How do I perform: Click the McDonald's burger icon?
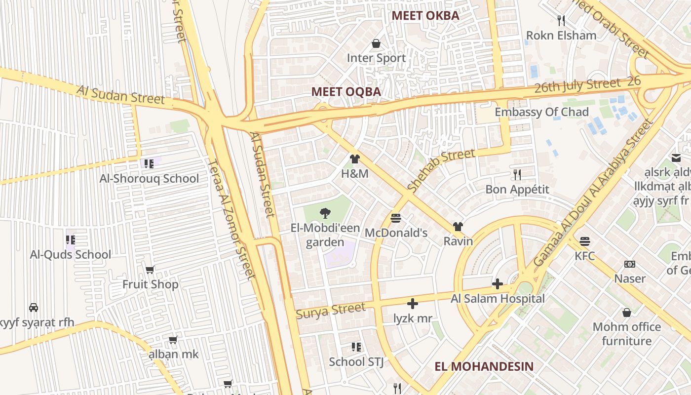pos(396,218)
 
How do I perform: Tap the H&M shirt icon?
pos(354,159)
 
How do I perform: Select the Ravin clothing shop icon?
pos(458,227)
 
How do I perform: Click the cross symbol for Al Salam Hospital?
pos(498,284)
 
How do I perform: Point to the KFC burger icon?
pos(585,241)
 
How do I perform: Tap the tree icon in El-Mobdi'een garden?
pos(325,213)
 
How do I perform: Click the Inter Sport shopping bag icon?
pos(376,43)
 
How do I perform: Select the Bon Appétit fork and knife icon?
pos(517,174)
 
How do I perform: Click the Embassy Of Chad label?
pos(541,112)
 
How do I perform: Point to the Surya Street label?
pos(331,311)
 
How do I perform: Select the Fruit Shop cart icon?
pos(150,270)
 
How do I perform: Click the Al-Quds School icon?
pos(71,240)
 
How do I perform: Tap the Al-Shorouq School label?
pos(149,178)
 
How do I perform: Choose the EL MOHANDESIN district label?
pos(484,366)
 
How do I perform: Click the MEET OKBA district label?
pos(425,15)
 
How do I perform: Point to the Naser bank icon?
pos(630,264)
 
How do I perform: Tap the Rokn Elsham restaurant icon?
pos(561,20)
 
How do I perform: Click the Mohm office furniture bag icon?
pos(627,313)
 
